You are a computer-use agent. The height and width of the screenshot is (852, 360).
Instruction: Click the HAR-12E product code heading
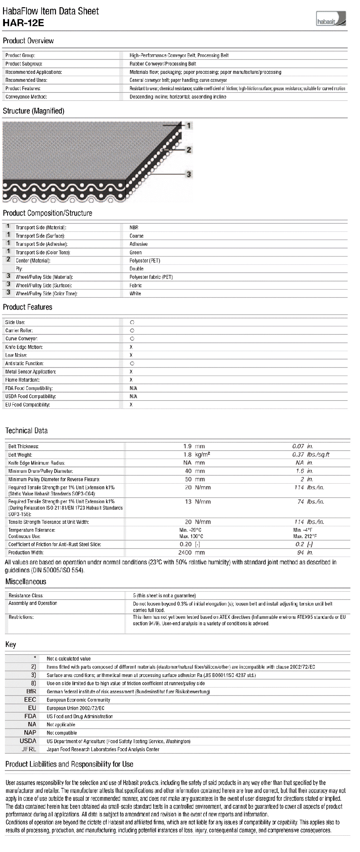[x=23, y=23]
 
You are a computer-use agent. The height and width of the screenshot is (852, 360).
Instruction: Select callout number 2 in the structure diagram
[x=189, y=150]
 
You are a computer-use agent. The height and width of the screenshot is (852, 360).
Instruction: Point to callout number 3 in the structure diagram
[x=189, y=174]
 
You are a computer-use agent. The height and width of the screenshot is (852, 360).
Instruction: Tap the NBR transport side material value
[x=134, y=227]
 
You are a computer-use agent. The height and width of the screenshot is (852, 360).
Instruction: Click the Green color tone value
[x=135, y=252]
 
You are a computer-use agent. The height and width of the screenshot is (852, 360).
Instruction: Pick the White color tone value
[x=135, y=294]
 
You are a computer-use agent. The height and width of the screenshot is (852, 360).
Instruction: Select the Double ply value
[x=136, y=269]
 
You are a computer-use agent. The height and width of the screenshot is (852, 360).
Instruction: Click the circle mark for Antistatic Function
[x=132, y=363]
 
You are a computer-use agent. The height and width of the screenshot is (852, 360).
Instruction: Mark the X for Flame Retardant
[x=131, y=380]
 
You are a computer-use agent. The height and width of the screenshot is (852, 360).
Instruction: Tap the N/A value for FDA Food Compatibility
[x=133, y=388]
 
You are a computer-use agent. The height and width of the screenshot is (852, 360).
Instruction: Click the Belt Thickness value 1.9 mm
[x=194, y=446]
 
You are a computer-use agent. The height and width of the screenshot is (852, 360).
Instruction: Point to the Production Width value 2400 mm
[x=194, y=553]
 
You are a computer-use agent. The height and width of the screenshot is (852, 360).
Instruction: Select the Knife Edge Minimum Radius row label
[x=37, y=463]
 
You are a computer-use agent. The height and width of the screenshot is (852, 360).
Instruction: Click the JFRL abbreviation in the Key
[x=29, y=749]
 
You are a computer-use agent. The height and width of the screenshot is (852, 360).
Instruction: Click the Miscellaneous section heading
[x=26, y=582]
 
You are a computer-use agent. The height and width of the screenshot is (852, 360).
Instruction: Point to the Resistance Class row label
[x=26, y=595]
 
